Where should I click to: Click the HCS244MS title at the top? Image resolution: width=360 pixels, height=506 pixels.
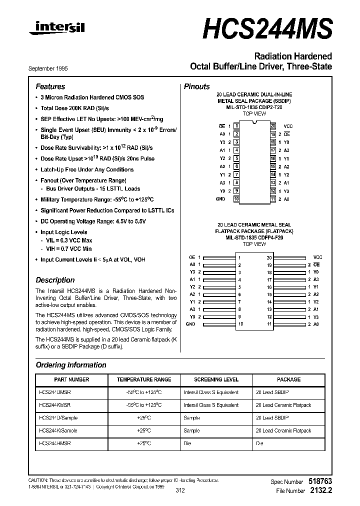click(x=267, y=28)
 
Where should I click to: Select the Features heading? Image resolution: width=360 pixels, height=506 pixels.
click(x=50, y=86)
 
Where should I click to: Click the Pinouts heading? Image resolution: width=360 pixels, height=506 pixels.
click(x=196, y=86)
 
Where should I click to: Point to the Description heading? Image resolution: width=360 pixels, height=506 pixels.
click(x=55, y=280)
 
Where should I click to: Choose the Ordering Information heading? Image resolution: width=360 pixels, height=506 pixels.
click(x=71, y=365)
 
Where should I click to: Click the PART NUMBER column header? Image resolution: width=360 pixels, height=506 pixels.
click(x=71, y=379)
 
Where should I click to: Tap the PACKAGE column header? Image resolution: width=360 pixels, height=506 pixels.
click(x=288, y=379)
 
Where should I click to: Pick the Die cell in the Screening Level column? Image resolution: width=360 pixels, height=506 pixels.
click(x=191, y=443)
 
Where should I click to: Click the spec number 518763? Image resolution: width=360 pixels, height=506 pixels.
click(x=319, y=481)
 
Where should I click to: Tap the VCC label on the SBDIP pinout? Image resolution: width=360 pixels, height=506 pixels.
click(x=288, y=126)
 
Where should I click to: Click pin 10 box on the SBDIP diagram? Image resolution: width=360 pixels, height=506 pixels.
click(x=236, y=199)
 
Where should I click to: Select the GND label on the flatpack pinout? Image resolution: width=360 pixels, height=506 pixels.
click(x=190, y=324)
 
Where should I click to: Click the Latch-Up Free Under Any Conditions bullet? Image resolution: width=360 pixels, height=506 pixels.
click(x=86, y=169)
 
